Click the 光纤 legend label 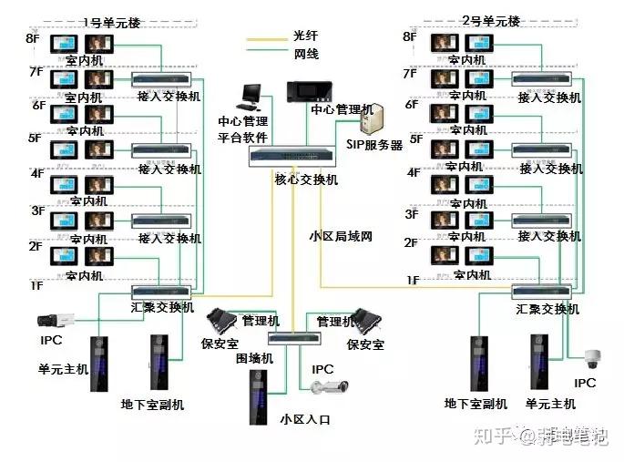coord(305,36)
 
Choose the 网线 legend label coord(305,54)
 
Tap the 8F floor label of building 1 coord(33,38)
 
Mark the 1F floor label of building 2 coord(412,280)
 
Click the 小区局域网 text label coord(341,236)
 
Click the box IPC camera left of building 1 coord(51,320)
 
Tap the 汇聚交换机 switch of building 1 coord(161,291)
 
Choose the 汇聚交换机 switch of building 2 coord(540,292)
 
